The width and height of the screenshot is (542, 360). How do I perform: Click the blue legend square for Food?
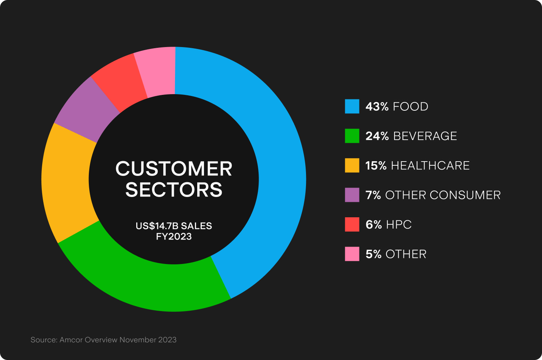pyautogui.click(x=352, y=106)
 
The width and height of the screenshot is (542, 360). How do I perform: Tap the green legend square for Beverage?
pyautogui.click(x=352, y=136)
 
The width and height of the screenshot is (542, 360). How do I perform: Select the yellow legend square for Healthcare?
pyautogui.click(x=352, y=165)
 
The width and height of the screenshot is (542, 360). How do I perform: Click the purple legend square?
pyautogui.click(x=352, y=195)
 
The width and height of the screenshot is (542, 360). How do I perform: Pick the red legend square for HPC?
pyautogui.click(x=352, y=224)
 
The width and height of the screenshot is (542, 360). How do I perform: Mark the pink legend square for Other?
pyautogui.click(x=352, y=254)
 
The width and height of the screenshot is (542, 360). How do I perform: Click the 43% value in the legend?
pyautogui.click(x=377, y=107)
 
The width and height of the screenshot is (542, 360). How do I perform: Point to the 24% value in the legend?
pyautogui.click(x=377, y=136)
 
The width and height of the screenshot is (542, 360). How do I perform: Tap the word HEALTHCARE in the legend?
pyautogui.click(x=430, y=165)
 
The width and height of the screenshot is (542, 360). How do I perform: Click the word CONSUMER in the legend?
pyautogui.click(x=465, y=195)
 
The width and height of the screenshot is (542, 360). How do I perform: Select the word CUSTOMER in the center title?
pyautogui.click(x=174, y=169)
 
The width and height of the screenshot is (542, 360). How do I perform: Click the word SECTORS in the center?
pyautogui.click(x=174, y=189)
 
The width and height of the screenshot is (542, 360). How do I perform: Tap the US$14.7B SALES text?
pyautogui.click(x=174, y=226)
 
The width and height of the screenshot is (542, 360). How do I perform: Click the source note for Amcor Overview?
pyautogui.click(x=104, y=340)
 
